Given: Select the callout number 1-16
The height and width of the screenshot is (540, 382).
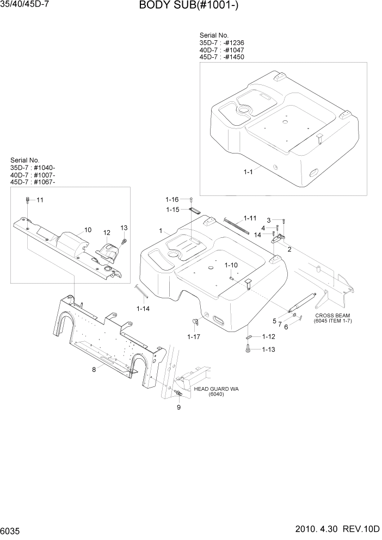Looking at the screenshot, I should tap(172, 200).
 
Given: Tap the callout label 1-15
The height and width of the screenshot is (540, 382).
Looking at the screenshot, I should tap(172, 209).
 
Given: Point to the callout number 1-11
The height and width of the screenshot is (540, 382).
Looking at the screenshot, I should tap(250, 218).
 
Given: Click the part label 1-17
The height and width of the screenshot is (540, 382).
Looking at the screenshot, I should tap(194, 337).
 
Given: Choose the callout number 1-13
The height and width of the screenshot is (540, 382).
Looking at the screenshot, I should tap(268, 349).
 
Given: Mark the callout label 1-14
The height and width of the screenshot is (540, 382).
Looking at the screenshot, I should tap(143, 309).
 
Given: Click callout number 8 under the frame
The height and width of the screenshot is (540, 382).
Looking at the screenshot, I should tap(94, 370).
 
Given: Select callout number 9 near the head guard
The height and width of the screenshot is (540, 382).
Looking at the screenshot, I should tap(178, 407).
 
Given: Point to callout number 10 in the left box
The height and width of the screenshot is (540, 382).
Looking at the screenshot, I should tap(88, 229).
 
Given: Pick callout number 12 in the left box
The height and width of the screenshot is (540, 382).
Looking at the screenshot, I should tap(107, 232).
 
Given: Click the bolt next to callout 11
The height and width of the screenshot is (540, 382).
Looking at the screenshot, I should tap(28, 201).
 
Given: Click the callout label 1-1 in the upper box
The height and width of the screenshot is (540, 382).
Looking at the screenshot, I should tap(248, 172).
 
